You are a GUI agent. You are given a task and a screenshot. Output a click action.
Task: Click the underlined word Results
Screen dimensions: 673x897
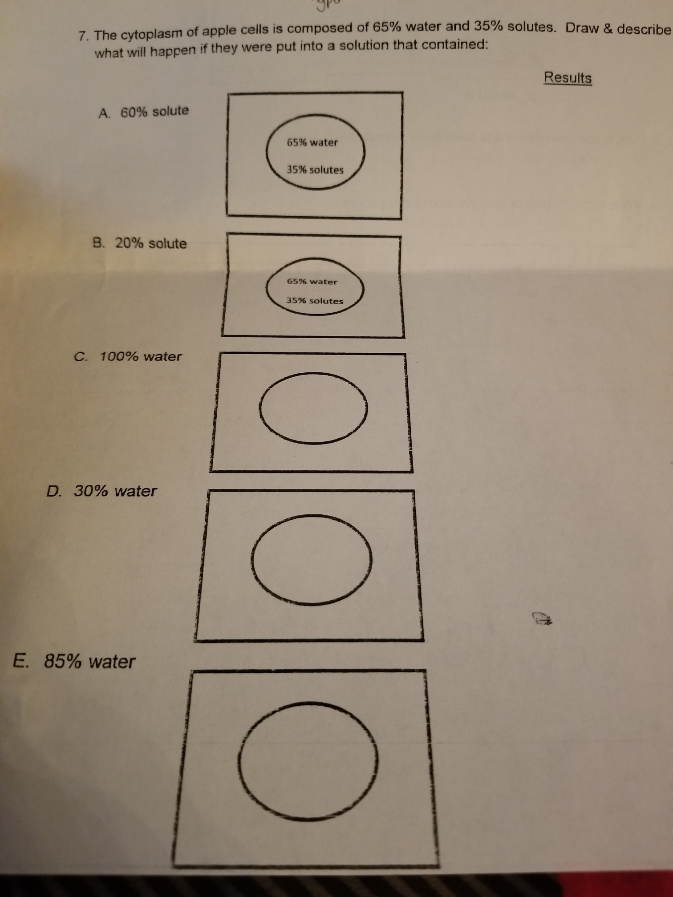tap(568, 77)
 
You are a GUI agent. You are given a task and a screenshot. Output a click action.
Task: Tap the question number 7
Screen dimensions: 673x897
tap(82, 36)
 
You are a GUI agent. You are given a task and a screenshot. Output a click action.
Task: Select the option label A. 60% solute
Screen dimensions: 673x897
tap(143, 112)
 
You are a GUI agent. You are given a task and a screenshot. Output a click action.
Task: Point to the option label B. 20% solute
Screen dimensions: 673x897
tap(140, 243)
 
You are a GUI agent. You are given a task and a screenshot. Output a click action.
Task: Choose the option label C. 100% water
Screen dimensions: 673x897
tap(128, 356)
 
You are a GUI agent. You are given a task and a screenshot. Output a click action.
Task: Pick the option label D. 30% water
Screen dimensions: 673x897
tap(102, 491)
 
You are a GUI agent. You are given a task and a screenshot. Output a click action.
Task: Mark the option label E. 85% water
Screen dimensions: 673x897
tap(74, 662)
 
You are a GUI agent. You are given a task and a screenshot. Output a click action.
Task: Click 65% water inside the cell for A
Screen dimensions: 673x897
tap(312, 142)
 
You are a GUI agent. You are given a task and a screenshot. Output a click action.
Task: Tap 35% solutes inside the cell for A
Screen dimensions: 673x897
tap(315, 170)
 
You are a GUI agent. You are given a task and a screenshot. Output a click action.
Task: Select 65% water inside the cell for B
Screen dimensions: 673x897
tap(312, 281)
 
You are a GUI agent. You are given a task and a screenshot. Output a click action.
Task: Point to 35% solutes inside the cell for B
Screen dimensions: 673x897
tap(315, 300)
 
